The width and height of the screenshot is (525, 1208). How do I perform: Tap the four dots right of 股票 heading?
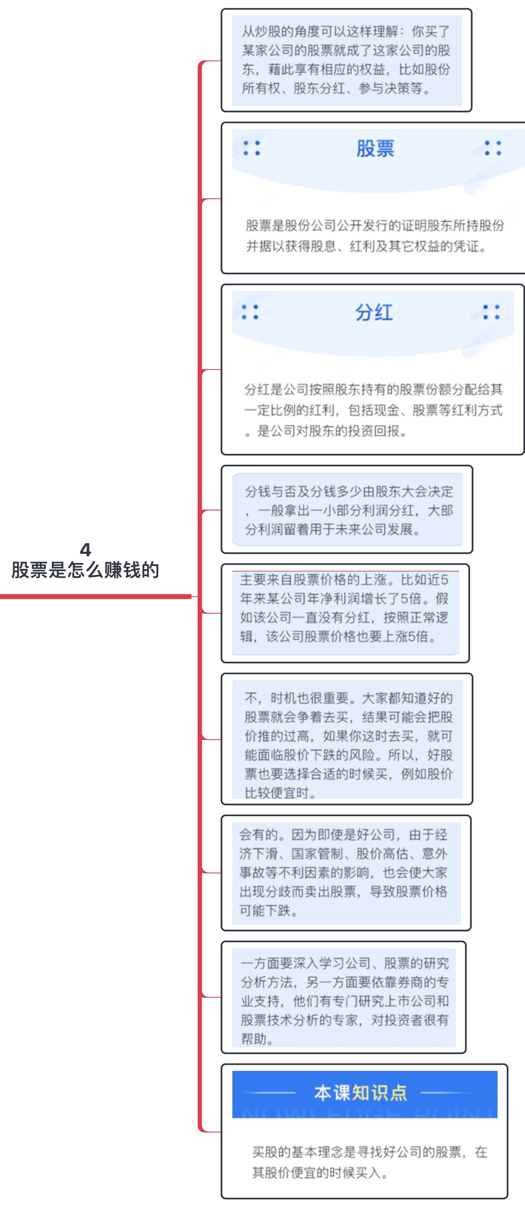(x=493, y=148)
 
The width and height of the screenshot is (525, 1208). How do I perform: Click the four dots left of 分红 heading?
(x=250, y=312)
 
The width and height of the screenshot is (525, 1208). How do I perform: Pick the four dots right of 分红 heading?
(x=491, y=312)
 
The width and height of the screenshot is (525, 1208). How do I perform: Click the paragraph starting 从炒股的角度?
(x=346, y=60)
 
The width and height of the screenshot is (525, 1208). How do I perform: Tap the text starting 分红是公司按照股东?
(x=373, y=410)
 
